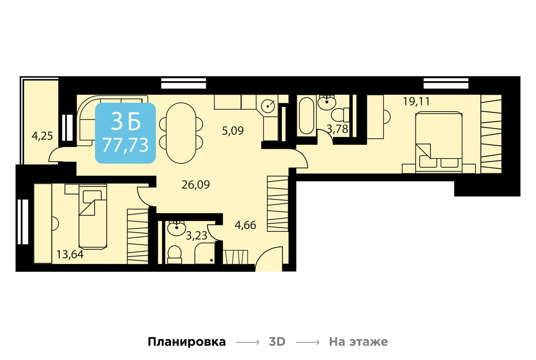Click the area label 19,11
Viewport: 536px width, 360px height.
(416, 101)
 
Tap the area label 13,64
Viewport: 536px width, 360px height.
(70, 254)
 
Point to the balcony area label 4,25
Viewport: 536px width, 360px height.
(42, 136)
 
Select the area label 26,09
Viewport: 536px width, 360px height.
(196, 185)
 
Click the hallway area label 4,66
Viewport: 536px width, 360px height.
(245, 225)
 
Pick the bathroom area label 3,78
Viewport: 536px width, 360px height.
(337, 129)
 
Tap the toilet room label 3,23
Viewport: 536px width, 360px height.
(197, 236)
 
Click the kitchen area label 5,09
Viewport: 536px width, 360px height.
(233, 131)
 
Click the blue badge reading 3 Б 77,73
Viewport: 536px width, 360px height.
(125, 133)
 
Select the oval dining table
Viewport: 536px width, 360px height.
(181, 133)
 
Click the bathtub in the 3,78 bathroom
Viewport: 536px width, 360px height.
(307, 116)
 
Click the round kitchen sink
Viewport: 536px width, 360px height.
(268, 106)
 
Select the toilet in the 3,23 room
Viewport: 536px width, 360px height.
(175, 254)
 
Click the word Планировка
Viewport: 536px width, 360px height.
(187, 342)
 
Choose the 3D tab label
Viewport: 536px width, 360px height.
(277, 342)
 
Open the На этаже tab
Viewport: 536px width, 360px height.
(358, 342)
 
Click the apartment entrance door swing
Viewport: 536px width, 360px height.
(269, 259)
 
